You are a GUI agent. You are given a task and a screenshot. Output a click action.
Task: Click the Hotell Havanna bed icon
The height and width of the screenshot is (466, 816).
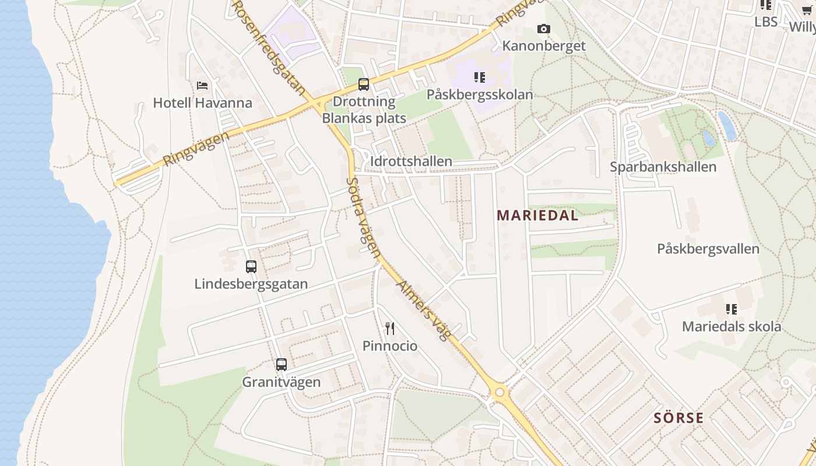click(x=202, y=86)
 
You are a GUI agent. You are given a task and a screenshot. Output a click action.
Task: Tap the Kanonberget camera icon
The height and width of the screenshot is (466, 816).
click(x=543, y=29)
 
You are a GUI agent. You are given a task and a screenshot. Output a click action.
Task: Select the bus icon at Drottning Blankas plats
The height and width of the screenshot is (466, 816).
click(x=364, y=84)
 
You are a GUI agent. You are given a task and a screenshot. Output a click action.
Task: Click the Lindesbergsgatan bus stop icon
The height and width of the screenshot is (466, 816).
click(x=251, y=267)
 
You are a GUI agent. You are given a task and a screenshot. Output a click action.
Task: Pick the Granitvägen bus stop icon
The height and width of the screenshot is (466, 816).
click(x=282, y=365)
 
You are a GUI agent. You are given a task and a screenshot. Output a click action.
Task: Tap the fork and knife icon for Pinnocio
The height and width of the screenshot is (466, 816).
click(x=390, y=329)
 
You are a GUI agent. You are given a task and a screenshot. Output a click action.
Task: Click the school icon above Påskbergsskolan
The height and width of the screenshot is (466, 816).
click(x=480, y=77)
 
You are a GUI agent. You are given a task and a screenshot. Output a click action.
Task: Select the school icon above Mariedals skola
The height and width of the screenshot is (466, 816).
click(x=731, y=309)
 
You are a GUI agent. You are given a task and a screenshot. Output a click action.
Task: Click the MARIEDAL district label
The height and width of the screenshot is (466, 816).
click(x=537, y=216)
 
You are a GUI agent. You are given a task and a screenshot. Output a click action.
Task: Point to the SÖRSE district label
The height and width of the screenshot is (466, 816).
click(x=678, y=418)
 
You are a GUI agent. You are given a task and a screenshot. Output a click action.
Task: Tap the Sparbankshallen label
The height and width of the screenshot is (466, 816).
click(x=663, y=167)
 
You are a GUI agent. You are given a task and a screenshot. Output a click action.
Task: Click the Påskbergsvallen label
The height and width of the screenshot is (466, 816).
click(x=708, y=249)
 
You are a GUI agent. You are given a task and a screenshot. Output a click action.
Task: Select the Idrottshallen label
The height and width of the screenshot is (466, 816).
click(x=411, y=161)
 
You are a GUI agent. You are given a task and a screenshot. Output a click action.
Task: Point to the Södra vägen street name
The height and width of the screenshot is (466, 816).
click(x=363, y=218)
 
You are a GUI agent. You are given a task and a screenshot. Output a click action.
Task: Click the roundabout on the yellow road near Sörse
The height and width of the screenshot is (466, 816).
click(x=499, y=392)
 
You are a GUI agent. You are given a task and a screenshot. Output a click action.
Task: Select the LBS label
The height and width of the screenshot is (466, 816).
click(x=766, y=22)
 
